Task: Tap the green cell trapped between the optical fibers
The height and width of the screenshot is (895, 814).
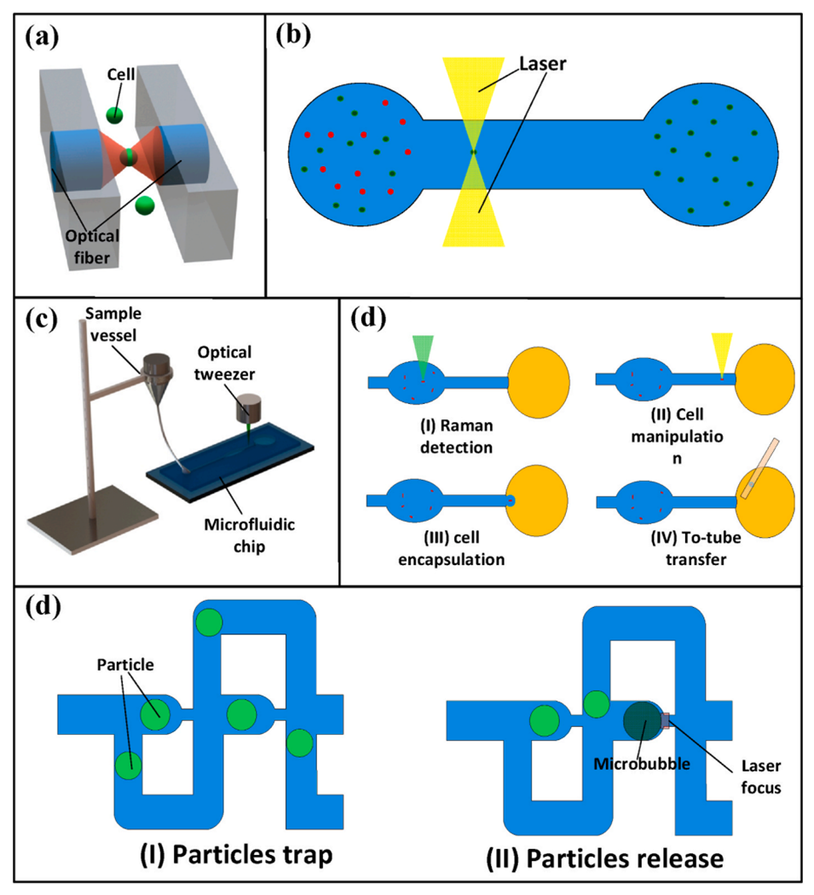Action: [128, 155]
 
